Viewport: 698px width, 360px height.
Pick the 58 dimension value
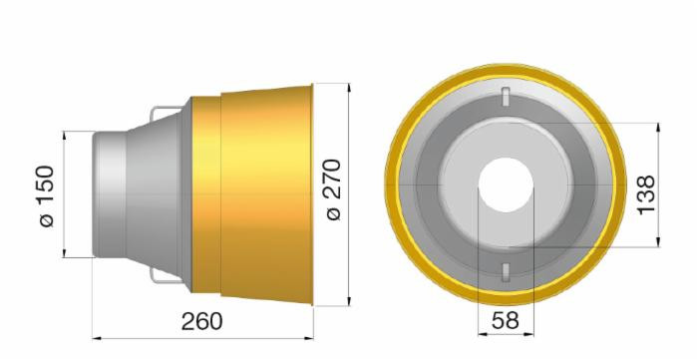(x=507, y=321)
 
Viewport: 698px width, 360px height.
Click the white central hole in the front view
(x=507, y=186)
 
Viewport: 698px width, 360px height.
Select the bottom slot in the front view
(x=507, y=271)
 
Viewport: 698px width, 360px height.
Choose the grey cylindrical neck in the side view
(x=110, y=191)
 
